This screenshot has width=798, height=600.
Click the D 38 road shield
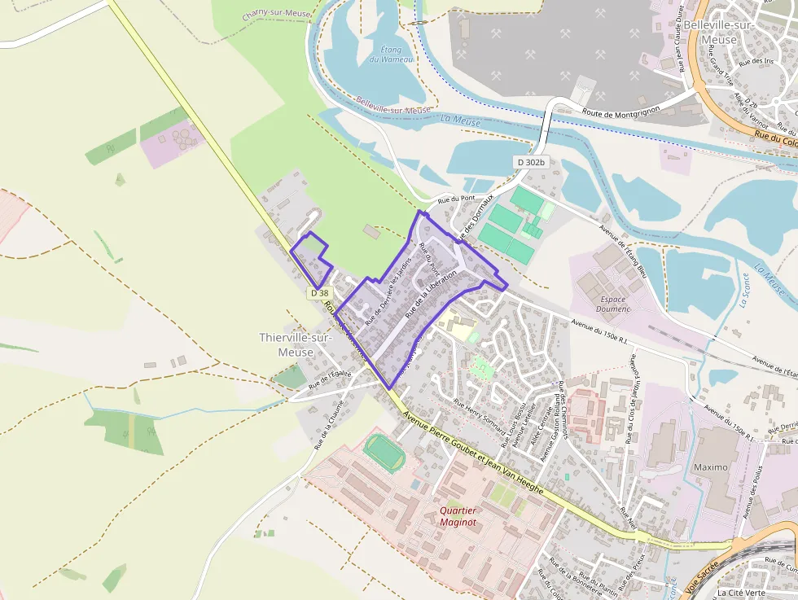320,293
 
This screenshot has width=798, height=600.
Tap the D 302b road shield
530,163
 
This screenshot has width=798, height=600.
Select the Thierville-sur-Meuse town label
287,344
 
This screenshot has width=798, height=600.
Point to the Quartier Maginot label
458,516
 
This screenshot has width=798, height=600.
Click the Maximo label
711,467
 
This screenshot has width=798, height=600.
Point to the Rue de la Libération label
431,291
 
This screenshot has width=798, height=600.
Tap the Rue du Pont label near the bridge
456,199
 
